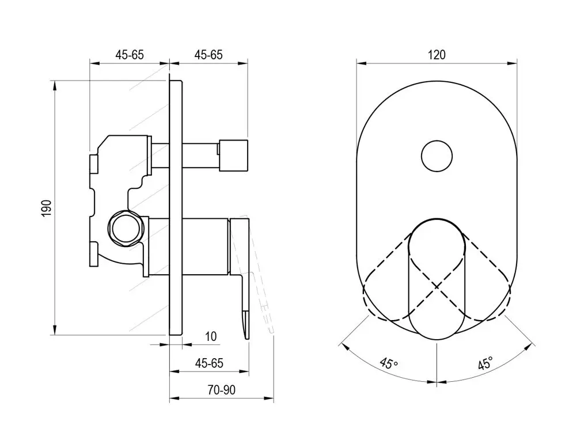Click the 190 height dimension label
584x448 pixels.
point(46,208)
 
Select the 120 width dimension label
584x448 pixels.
point(437,55)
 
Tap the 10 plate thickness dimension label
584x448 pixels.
point(210,336)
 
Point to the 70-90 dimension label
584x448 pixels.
point(222,390)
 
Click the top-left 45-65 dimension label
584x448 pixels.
point(129,55)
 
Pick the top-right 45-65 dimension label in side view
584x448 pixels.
point(208,55)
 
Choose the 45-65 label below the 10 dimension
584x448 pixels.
point(209,363)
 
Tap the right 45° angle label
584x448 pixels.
point(486,362)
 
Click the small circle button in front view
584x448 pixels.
point(437,156)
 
